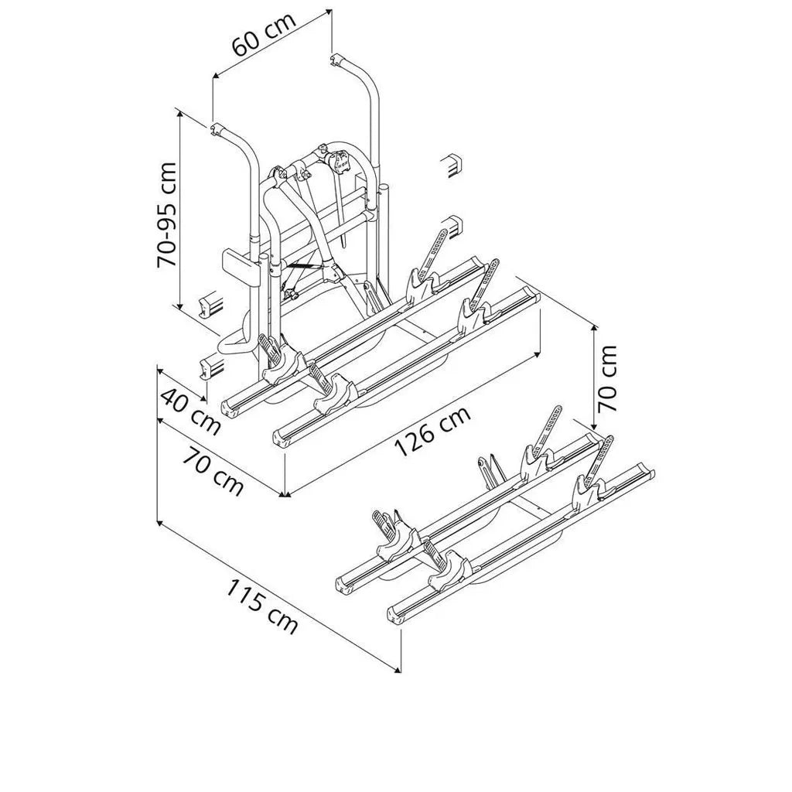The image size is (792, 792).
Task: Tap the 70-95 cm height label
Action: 167,215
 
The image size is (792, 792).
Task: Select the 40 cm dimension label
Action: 190,411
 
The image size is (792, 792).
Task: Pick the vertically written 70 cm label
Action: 606,378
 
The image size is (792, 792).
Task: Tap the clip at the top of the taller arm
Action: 336,60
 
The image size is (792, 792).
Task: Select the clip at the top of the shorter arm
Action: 217,130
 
